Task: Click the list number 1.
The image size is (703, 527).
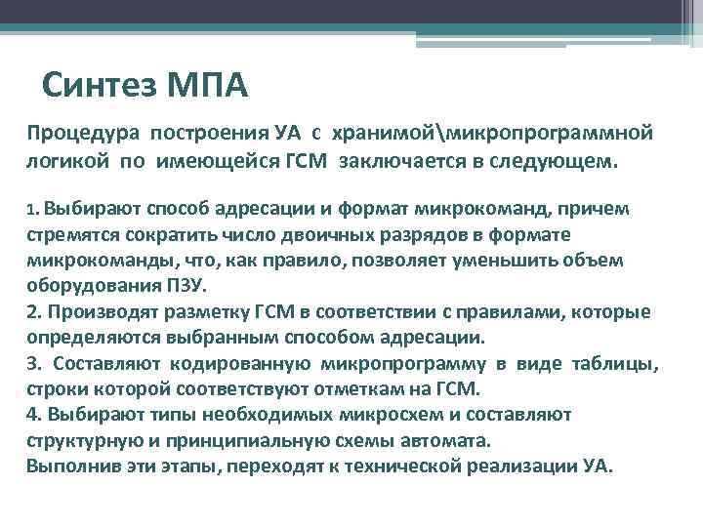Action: (x=30, y=209)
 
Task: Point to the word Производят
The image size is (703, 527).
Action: (x=97, y=311)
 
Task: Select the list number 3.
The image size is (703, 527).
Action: (x=33, y=363)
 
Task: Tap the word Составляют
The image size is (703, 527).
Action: (x=109, y=363)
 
